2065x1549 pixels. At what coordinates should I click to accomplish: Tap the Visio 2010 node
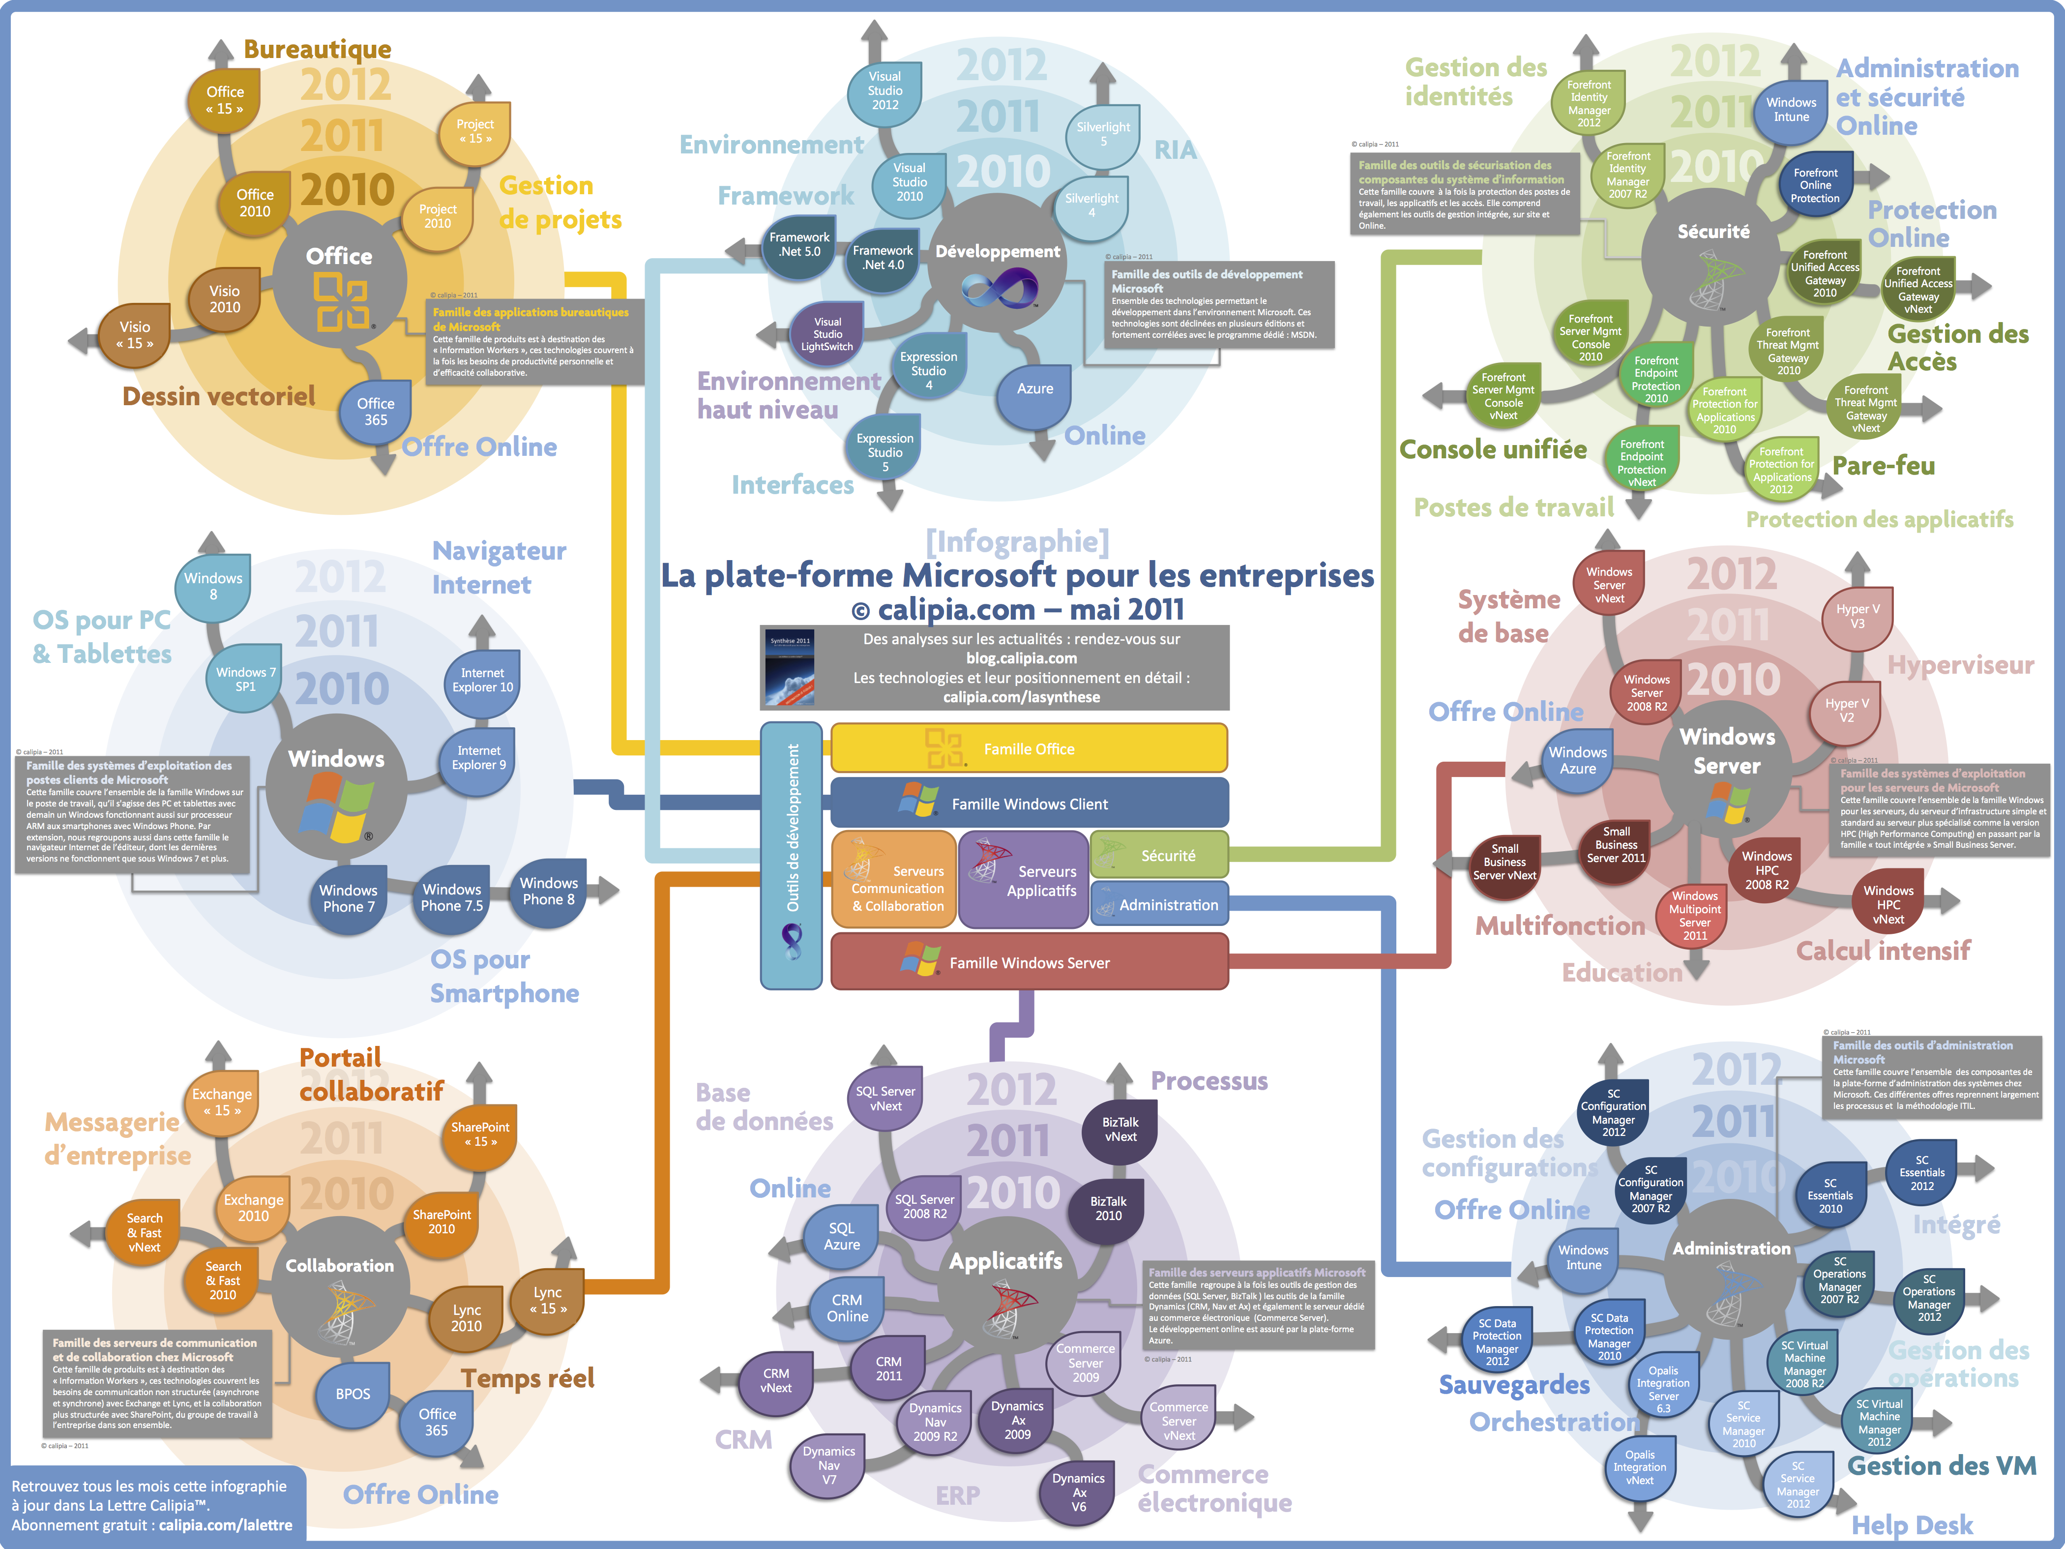(x=224, y=299)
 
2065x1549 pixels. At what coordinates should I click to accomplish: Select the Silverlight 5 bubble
(x=1103, y=134)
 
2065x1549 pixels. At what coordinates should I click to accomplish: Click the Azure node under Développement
(x=1034, y=388)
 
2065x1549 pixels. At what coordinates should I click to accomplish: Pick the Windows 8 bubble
(x=213, y=586)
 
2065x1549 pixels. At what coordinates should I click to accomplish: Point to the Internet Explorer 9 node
(x=479, y=757)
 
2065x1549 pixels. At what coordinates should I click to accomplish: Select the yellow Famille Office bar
(x=1029, y=749)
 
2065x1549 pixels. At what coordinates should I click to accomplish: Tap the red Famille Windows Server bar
(x=1029, y=963)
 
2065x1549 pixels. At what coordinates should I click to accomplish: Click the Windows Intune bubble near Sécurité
(x=1791, y=110)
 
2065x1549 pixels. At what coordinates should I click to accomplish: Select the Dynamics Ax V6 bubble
(x=1078, y=1492)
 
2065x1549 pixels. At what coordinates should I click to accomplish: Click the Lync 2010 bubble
(x=466, y=1318)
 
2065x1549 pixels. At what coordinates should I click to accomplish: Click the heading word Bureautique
(x=318, y=49)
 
